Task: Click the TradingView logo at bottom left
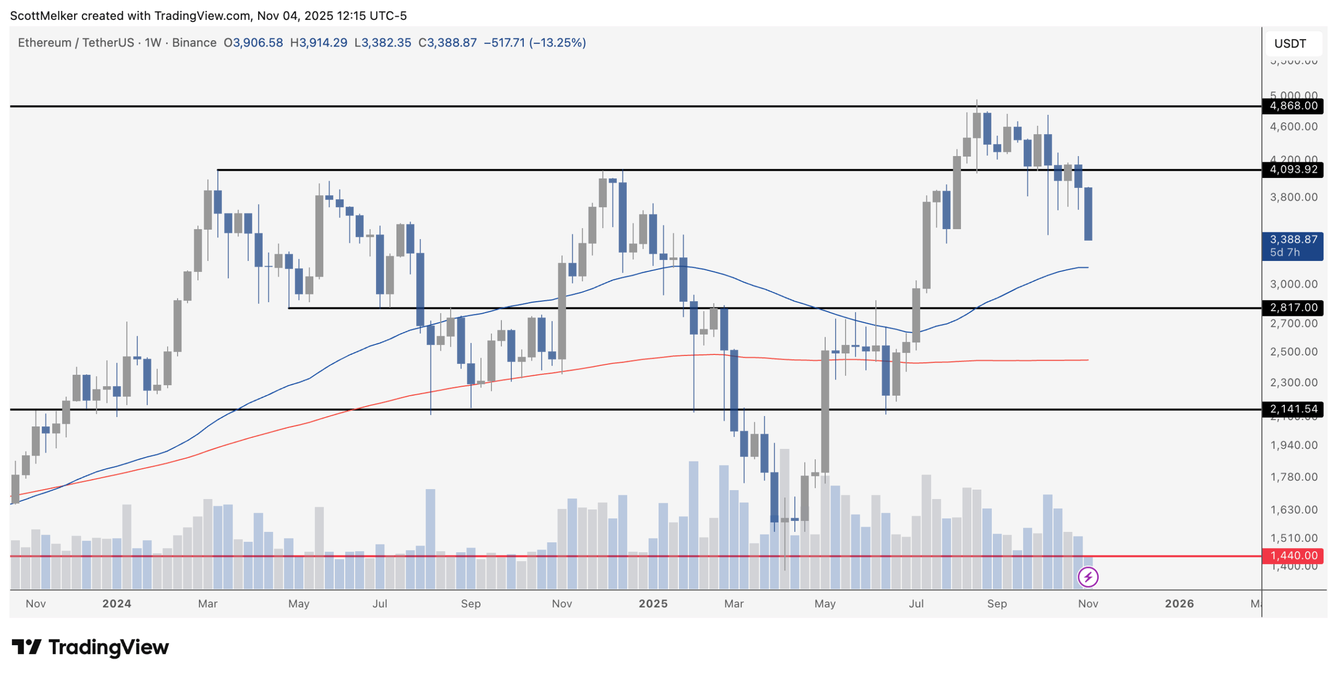(x=90, y=647)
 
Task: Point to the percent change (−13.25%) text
(x=557, y=43)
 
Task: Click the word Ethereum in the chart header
(x=44, y=43)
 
